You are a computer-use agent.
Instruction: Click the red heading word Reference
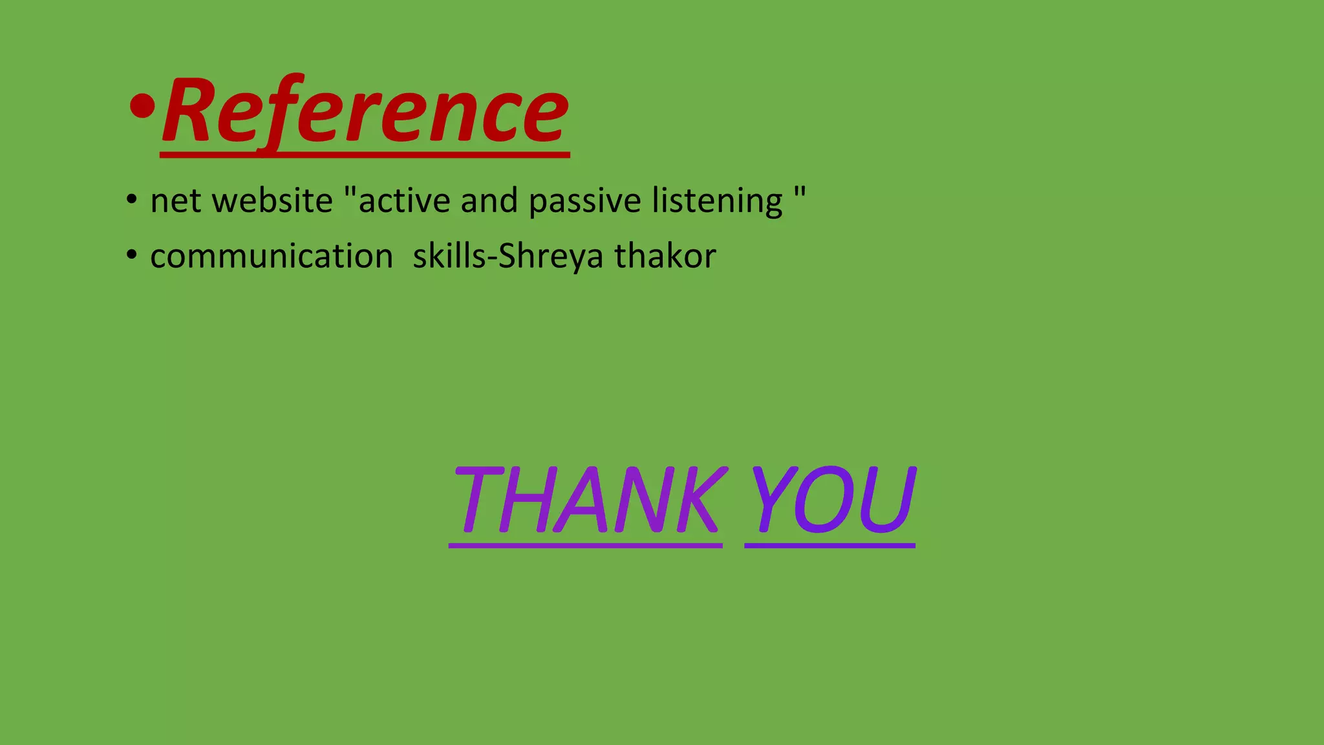click(365, 111)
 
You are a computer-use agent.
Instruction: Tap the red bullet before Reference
click(142, 105)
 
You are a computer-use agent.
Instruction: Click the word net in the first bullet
click(176, 201)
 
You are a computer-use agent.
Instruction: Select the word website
click(272, 200)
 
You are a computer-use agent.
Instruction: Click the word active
click(404, 200)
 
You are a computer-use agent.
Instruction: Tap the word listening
click(717, 201)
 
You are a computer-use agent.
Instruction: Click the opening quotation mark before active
click(350, 192)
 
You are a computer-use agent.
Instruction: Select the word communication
click(272, 256)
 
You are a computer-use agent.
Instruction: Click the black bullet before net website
click(131, 200)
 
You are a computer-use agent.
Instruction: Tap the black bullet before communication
click(131, 255)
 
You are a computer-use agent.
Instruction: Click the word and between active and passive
click(489, 200)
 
